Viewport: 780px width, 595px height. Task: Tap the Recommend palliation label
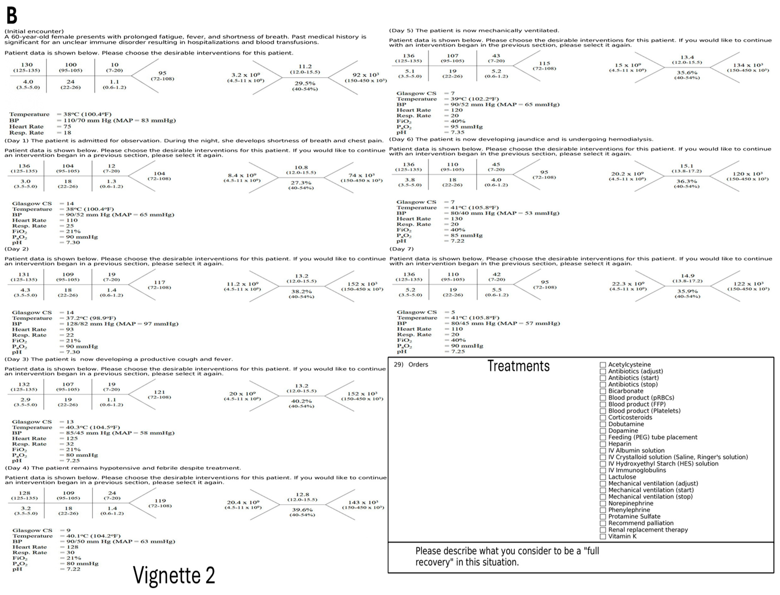pyautogui.click(x=641, y=523)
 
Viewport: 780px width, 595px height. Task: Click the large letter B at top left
pyautogui.click(x=12, y=16)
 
